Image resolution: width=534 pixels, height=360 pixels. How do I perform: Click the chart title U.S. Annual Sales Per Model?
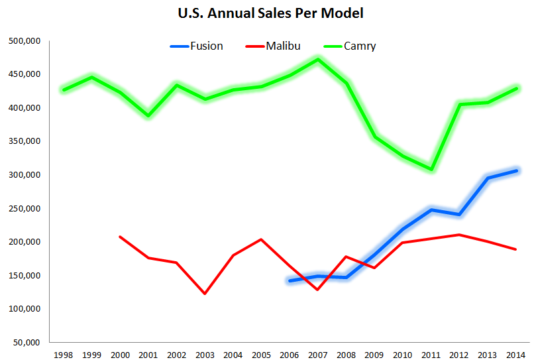click(266, 13)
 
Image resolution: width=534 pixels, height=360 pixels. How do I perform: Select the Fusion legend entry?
click(197, 46)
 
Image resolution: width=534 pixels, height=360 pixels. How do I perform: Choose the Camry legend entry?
click(349, 46)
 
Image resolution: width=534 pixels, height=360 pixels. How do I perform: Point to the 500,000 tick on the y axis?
click(25, 41)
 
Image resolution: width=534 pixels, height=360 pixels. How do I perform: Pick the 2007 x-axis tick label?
click(318, 355)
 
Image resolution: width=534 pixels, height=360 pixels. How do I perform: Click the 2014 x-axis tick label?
click(517, 355)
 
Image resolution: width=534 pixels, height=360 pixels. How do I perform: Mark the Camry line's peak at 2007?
click(318, 59)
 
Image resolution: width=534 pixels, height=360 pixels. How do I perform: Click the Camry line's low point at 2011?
click(431, 169)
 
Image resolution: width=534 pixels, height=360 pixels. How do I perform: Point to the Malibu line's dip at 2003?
click(205, 293)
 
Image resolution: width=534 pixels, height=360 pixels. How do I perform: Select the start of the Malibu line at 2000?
click(120, 237)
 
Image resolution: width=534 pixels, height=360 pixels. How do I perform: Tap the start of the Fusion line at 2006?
click(290, 280)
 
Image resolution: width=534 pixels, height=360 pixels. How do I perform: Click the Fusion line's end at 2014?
click(516, 170)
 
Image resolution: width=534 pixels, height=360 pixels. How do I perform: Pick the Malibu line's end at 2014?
click(516, 249)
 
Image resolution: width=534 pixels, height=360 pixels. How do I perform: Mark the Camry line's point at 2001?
click(148, 115)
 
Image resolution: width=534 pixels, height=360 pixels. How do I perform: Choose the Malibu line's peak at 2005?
click(262, 239)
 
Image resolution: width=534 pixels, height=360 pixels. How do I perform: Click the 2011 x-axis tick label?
click(431, 355)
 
